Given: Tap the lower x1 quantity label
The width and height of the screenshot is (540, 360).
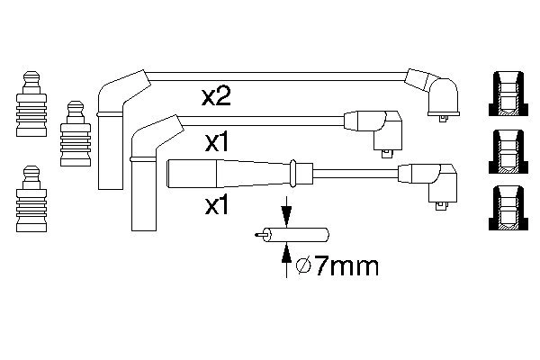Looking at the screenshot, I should [219, 206].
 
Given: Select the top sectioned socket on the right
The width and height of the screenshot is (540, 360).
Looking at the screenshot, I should [508, 94].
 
